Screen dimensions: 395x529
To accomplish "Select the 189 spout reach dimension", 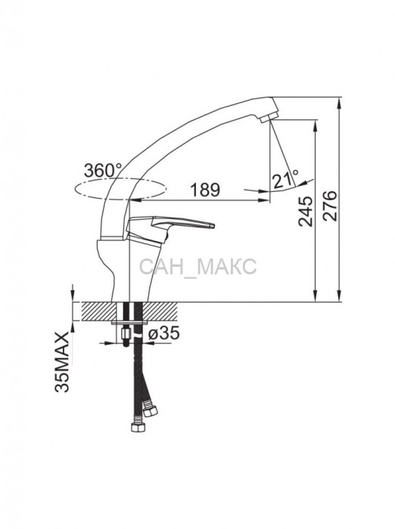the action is [x=205, y=190].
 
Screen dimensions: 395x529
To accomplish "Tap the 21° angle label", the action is [x=286, y=180].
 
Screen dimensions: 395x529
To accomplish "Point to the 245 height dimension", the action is [x=307, y=211].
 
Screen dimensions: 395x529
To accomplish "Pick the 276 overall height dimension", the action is [x=330, y=206].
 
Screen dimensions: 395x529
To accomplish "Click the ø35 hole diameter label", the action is [x=164, y=333].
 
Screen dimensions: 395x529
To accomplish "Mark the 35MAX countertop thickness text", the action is [x=62, y=362].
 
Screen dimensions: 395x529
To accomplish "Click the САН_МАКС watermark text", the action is [x=197, y=267].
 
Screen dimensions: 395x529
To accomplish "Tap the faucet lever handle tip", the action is [x=212, y=225].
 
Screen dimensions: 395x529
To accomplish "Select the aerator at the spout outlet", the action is [x=269, y=118].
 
